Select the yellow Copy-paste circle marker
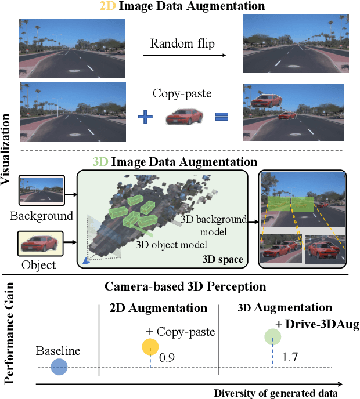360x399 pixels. pyautogui.click(x=150, y=347)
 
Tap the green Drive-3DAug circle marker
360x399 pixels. pyautogui.click(x=273, y=337)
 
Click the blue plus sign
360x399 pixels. pyautogui.click(x=146, y=118)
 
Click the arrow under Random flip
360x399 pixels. pyautogui.click(x=183, y=56)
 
